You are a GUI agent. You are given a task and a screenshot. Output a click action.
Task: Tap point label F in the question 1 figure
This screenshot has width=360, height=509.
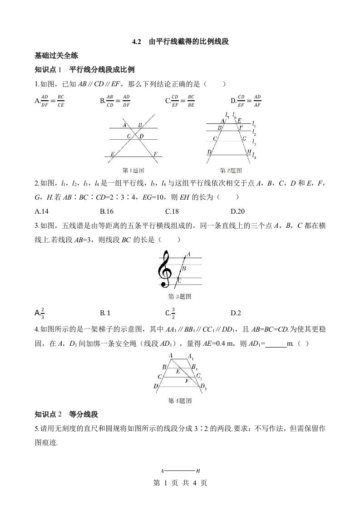point(155,154)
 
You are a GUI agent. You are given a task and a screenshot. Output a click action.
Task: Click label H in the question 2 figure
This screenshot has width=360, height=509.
point(249,152)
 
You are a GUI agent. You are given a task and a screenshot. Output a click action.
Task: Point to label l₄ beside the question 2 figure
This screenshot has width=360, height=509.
point(254,157)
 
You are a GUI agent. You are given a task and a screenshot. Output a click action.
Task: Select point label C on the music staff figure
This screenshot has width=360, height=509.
point(180,281)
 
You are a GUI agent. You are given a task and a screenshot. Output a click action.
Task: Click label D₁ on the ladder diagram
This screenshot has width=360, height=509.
point(203,387)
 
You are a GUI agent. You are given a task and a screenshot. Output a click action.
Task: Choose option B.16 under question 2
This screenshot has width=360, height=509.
point(107,211)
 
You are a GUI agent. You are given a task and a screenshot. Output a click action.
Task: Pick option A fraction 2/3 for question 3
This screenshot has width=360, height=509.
point(40,313)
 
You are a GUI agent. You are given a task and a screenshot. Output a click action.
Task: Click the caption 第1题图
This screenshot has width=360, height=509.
point(133,171)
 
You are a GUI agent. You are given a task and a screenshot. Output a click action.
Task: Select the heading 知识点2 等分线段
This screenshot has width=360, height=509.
point(66,414)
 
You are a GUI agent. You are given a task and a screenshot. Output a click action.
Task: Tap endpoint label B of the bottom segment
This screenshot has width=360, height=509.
point(198,471)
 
